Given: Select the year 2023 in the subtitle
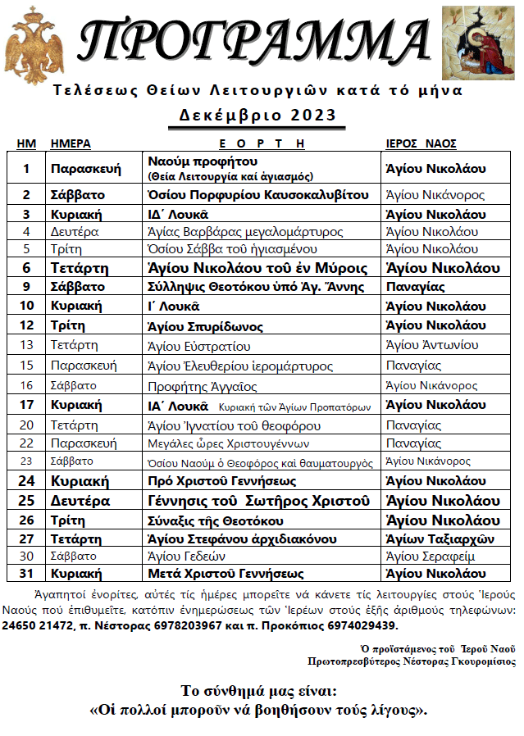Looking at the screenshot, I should [309, 115].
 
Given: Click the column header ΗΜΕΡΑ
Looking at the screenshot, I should [71, 143].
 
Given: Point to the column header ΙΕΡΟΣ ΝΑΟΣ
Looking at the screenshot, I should [421, 143].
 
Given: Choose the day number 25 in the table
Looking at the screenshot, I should [26, 501].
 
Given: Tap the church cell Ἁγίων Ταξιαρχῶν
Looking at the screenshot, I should [435, 538].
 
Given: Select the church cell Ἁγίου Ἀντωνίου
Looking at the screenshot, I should [432, 345].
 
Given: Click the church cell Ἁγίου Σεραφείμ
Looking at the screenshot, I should [432, 557].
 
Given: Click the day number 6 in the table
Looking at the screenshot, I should [26, 268].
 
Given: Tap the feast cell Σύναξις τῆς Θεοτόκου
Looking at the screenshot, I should [215, 520].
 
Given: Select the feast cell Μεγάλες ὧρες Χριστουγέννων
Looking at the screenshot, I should [227, 443].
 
